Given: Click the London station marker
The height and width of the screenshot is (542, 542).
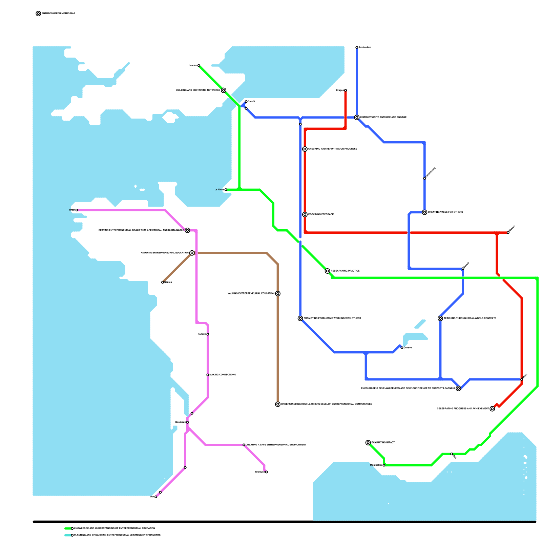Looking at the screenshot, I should pyautogui.click(x=199, y=65).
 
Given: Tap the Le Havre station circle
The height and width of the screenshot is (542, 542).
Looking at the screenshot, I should pyautogui.click(x=226, y=190).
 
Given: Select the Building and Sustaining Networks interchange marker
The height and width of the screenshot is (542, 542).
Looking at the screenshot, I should pyautogui.click(x=224, y=90).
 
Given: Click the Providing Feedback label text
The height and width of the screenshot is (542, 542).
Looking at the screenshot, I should pyautogui.click(x=321, y=214).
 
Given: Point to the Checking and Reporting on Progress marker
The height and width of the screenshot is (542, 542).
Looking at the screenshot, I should pyautogui.click(x=305, y=149).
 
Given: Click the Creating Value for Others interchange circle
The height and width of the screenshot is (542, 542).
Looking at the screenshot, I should pyautogui.click(x=424, y=212).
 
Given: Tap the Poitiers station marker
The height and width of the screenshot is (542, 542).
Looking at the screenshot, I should pyautogui.click(x=208, y=334).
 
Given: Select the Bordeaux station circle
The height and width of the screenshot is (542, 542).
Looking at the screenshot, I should pyautogui.click(x=187, y=422).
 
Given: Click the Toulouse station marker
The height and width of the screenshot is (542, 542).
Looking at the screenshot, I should pyautogui.click(x=267, y=472).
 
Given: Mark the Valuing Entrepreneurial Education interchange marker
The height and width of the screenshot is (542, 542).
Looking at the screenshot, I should pyautogui.click(x=278, y=293).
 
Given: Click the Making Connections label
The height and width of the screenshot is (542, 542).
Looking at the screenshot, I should pyautogui.click(x=223, y=375).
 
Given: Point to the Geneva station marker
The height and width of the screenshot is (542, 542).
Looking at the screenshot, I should pyautogui.click(x=402, y=348).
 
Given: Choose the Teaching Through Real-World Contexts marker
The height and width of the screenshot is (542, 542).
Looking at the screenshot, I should pyautogui.click(x=440, y=318).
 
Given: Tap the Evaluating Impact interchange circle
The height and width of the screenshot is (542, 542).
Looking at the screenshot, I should pyautogui.click(x=368, y=442).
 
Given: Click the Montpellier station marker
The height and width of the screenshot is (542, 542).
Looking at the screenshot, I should pyautogui.click(x=384, y=465).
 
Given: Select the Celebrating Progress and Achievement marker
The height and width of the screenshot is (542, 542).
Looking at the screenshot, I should pyautogui.click(x=492, y=409).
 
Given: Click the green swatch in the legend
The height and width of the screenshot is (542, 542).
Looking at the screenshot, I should pyautogui.click(x=68, y=528).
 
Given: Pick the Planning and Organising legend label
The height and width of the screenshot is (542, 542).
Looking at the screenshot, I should pyautogui.click(x=117, y=535).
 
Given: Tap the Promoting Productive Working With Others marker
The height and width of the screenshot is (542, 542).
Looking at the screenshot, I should pyautogui.click(x=300, y=318).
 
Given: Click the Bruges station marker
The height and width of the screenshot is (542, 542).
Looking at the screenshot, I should pyautogui.click(x=345, y=90).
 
